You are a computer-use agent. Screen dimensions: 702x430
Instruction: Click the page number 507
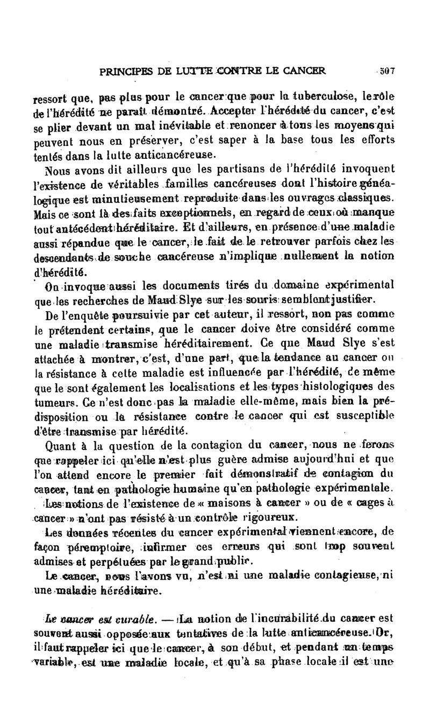point(388,70)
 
